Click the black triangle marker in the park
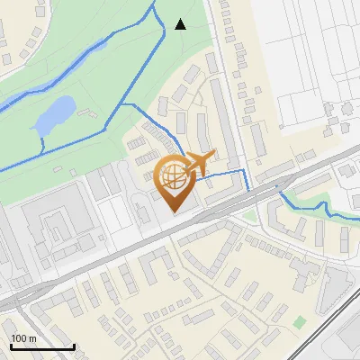coord(180,24)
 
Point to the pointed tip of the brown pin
coord(174,211)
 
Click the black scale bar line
coord(42,346)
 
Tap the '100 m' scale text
coord(23,338)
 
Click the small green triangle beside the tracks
coord(250,216)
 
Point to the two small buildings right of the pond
coord(87,115)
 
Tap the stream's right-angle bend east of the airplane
coord(246,170)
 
